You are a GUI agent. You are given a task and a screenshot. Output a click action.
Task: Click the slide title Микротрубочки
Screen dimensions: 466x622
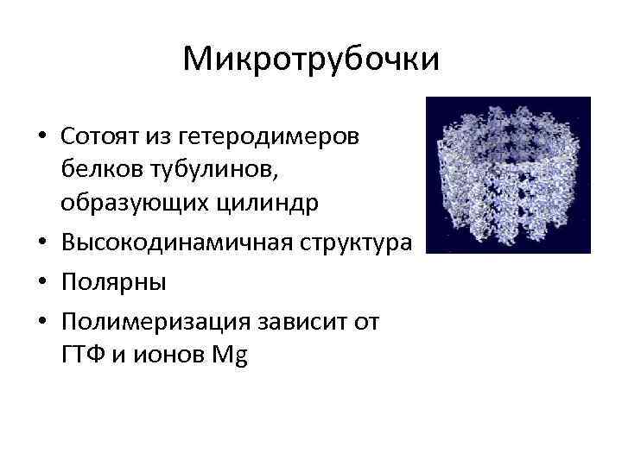pyautogui.click(x=311, y=60)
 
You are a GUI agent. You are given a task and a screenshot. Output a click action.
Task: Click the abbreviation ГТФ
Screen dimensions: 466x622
pyautogui.click(x=83, y=355)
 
